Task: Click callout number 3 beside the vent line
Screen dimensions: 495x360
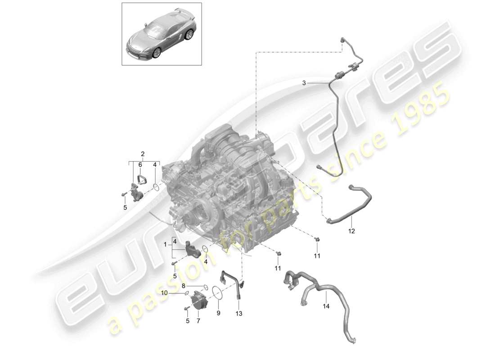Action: pos(304,83)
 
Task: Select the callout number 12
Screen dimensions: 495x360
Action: pos(351,231)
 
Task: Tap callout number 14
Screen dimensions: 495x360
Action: pos(326,306)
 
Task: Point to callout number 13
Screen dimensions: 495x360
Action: pos(238,314)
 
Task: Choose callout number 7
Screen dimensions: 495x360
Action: pos(198,321)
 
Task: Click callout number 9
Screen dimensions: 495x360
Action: pos(218,313)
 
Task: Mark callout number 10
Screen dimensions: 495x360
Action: pos(164,293)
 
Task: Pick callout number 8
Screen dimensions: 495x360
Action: pos(183,286)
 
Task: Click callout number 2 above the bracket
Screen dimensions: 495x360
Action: pos(143,154)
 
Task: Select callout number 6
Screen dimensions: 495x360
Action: pos(140,164)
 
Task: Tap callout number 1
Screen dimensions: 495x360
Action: pos(165,245)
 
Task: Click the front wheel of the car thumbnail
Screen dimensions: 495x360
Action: pos(157,54)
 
